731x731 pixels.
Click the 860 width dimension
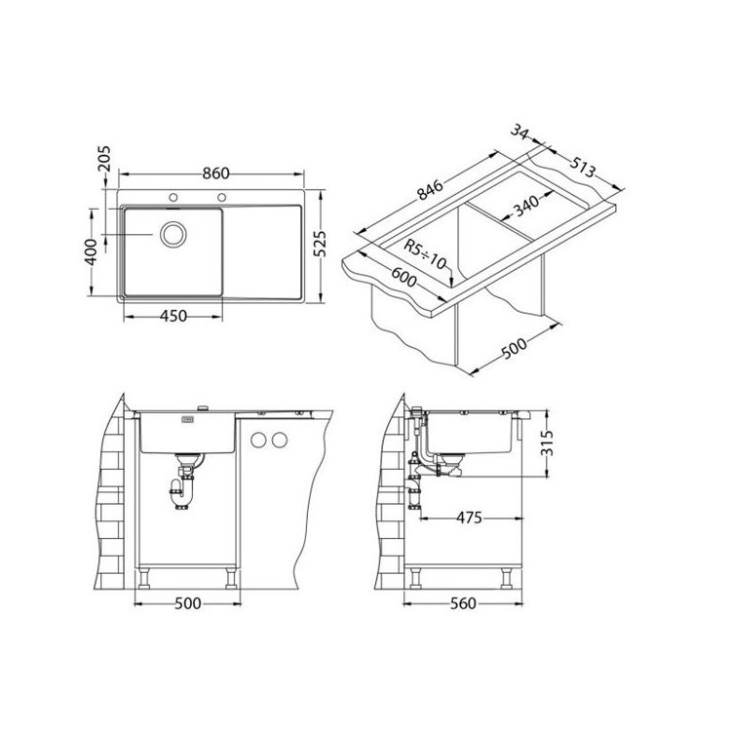tap(215, 173)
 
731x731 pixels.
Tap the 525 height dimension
tap(320, 244)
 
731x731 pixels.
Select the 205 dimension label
tap(105, 160)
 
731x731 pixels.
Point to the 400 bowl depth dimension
tap(92, 252)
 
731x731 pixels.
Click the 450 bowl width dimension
tap(173, 316)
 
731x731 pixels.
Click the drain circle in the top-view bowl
tap(173, 234)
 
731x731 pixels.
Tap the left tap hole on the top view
tap(173, 197)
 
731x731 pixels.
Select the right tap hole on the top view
tap(222, 197)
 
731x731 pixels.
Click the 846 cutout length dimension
tap(430, 190)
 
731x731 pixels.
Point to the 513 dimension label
tap(582, 167)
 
